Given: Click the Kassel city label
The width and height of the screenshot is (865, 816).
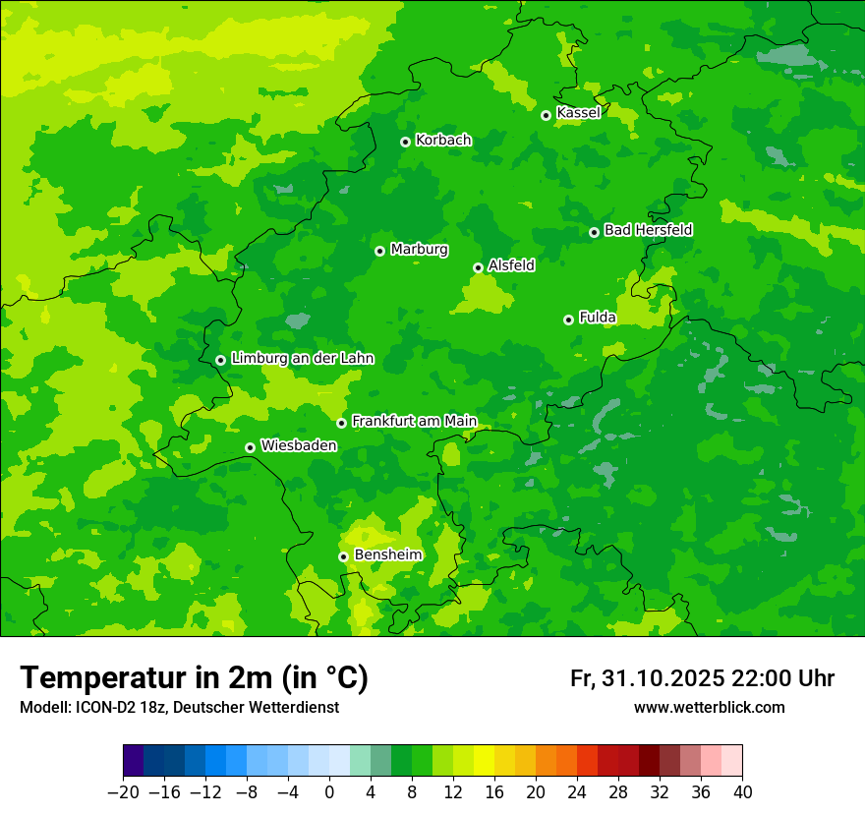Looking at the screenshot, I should point(578,113).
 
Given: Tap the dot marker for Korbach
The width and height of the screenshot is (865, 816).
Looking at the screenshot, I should point(405,142).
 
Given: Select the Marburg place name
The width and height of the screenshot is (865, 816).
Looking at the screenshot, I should point(419,250).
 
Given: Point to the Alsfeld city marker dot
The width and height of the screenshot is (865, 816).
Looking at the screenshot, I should point(478,267).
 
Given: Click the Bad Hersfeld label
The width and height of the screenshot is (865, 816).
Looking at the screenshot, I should point(648,230).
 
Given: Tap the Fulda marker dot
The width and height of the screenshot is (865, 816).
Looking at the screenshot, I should point(568,320).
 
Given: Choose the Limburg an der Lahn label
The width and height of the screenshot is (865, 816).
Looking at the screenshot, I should point(302,359).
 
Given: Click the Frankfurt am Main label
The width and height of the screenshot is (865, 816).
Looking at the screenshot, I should point(414,421).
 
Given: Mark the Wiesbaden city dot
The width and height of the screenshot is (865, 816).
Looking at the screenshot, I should point(251,447).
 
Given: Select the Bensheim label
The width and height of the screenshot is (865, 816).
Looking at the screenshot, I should point(387,554).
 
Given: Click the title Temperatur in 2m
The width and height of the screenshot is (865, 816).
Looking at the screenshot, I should point(194,678).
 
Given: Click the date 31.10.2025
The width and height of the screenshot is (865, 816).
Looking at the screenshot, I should point(663,678).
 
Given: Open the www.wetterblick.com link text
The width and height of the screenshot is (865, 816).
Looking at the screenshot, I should point(709,708).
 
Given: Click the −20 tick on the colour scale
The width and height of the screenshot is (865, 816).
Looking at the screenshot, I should point(123,792).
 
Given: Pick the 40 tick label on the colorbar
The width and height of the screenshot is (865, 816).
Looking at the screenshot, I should point(742,792).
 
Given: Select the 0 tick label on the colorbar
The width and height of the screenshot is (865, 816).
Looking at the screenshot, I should point(329,792).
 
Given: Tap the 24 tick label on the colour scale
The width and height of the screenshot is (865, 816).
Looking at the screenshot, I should point(577,792).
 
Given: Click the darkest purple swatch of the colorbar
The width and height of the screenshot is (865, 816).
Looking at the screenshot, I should point(133,761).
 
